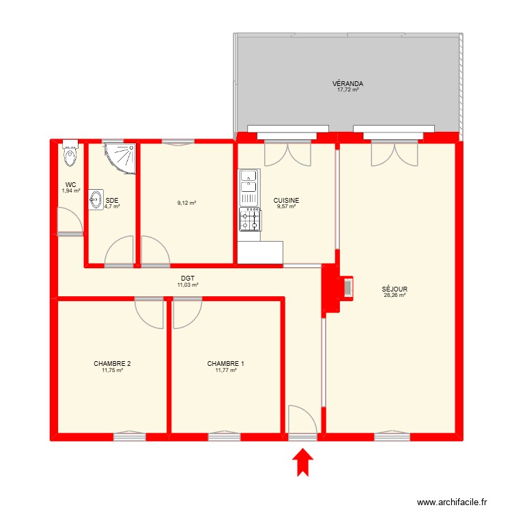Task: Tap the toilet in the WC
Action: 70,156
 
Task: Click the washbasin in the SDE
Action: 96,199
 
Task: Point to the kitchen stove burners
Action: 249,219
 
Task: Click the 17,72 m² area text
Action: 348,90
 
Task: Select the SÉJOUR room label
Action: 395,289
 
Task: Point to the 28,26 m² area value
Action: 395,295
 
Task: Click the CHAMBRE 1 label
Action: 226,364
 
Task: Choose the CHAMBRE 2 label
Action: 113,364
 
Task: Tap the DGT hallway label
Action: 188,279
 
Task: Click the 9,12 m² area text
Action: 186,203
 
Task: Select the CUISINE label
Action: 287,200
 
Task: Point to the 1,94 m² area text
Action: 71,191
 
